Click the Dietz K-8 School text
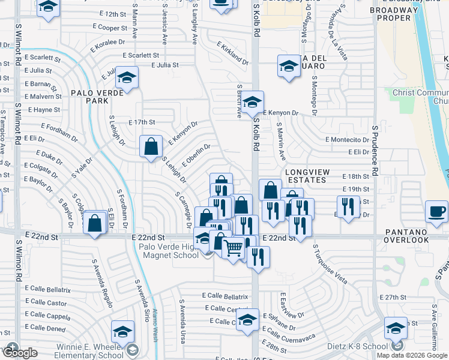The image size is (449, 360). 356,346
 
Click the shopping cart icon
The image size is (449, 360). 233,245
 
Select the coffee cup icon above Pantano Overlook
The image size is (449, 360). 436,211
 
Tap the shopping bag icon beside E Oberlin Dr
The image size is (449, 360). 151,146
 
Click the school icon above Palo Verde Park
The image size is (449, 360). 127,77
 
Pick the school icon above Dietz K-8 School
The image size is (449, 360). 396,328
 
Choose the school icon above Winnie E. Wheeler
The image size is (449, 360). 122,331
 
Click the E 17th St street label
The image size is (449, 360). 142,122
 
